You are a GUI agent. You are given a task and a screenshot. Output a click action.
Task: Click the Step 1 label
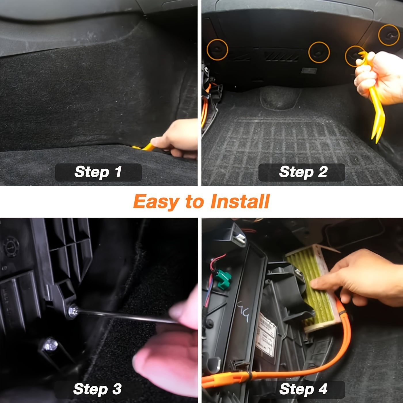click(98, 172)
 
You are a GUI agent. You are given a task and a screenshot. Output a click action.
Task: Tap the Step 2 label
click(303, 172)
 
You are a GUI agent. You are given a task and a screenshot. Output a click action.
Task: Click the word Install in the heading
click(240, 201)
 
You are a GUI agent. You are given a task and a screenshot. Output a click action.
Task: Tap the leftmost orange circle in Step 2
click(217, 50)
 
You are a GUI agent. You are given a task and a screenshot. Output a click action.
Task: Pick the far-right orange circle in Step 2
click(389, 35)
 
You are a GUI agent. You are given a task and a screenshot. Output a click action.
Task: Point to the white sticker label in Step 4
click(266, 334)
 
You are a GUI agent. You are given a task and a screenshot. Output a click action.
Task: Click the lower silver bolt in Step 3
click(51, 344)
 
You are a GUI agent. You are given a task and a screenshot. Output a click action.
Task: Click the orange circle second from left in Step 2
click(319, 52)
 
